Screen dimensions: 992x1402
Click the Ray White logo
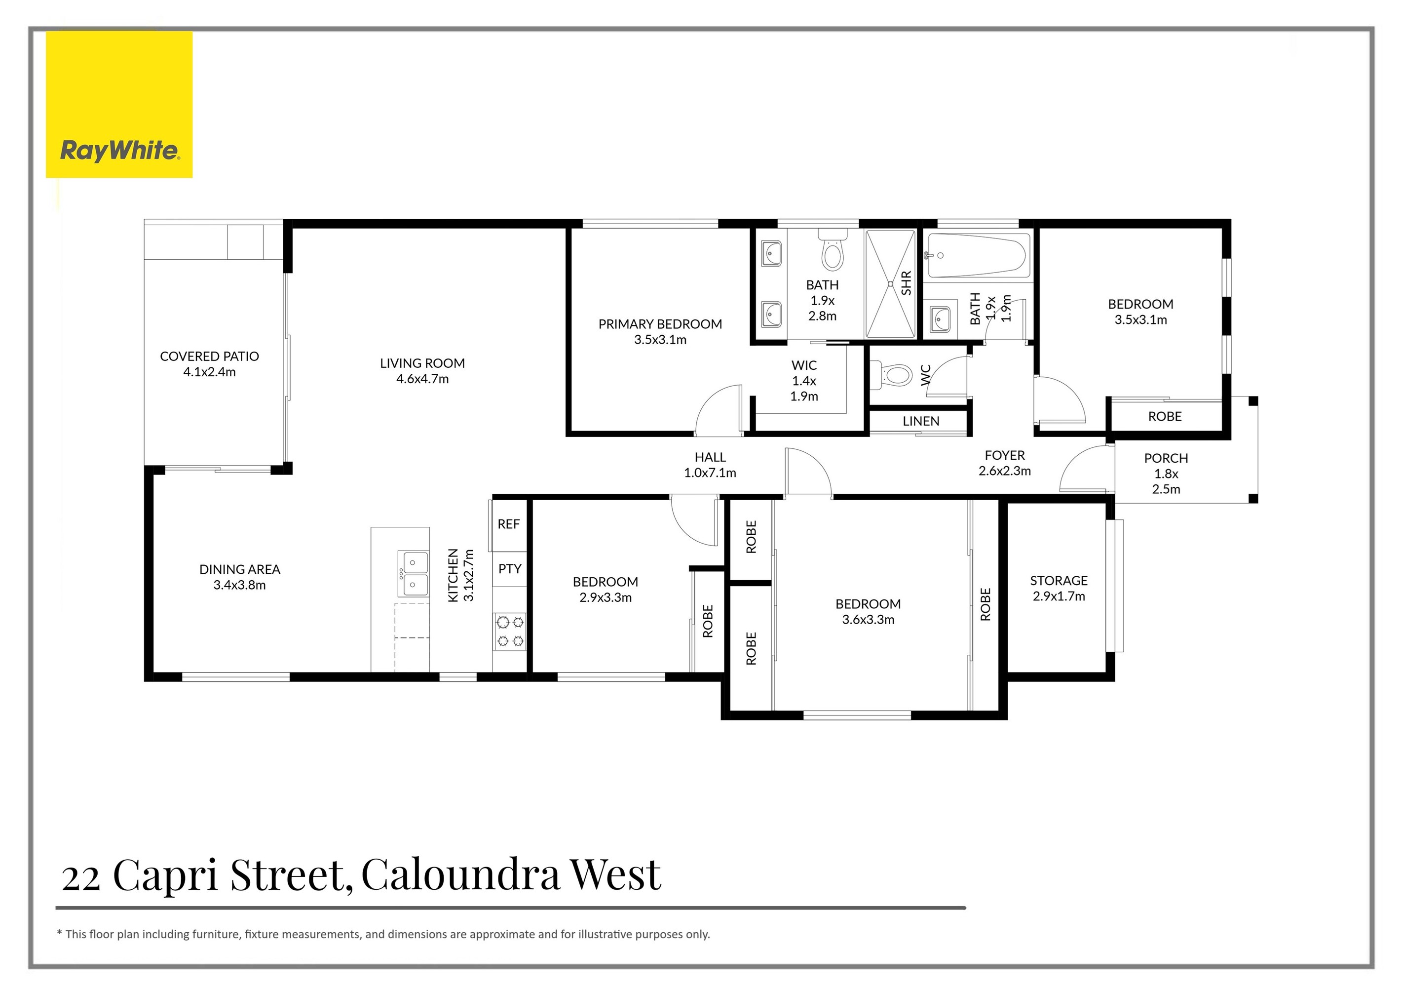click(119, 105)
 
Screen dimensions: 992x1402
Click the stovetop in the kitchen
click(510, 632)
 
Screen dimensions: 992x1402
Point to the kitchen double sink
click(413, 573)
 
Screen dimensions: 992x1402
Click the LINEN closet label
click(920, 421)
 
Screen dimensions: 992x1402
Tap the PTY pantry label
click(509, 569)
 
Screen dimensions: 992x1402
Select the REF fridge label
click(508, 524)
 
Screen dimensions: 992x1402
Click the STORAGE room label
click(1058, 580)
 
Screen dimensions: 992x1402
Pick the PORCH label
click(1166, 458)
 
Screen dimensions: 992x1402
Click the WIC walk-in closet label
click(803, 365)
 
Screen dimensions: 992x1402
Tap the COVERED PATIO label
click(209, 356)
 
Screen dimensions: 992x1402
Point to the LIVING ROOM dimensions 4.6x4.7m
click(422, 379)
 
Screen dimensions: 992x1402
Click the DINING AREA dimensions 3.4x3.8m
click(239, 585)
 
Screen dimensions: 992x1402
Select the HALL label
click(710, 457)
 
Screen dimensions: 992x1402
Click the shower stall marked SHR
click(890, 283)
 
